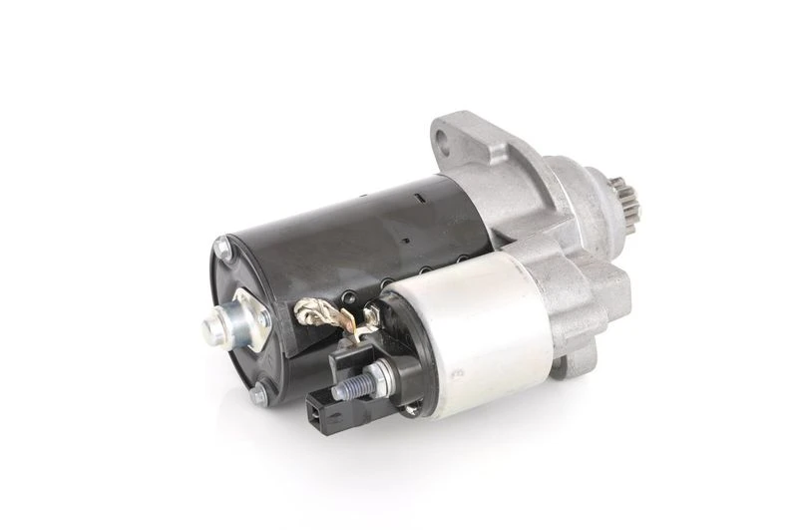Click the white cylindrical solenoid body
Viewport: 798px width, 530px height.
pyautogui.click(x=468, y=334)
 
